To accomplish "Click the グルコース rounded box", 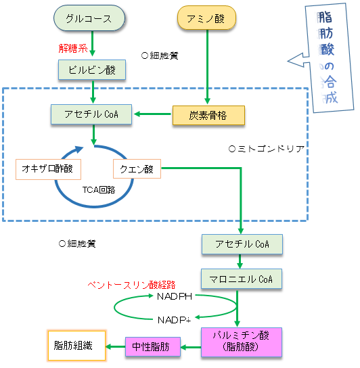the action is pos(89,18).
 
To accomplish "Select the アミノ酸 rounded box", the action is pos(206,18).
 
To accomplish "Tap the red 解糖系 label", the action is pos(73,49).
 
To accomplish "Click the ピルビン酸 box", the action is pos(92,70).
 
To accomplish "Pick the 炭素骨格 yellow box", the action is pos(208,115).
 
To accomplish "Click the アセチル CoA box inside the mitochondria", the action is pos(91,114).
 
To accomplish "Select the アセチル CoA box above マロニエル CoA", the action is pos(242,244).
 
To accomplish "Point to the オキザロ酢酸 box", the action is pos(48,169).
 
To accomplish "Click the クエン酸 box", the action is pos(137,168).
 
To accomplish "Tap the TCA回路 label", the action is pos(99,189).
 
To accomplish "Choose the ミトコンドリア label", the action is pos(267,149).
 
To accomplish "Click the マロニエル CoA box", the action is pos(242,279).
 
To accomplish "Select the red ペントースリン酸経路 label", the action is pos(131,285).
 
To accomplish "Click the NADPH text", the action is pos(175,297).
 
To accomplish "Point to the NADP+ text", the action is pos(174,320).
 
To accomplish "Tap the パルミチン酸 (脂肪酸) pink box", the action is pos(242,342).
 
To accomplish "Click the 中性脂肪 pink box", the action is pos(153,347).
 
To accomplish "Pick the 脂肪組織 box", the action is pos(76,346).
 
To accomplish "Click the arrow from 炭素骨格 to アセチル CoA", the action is pos(152,114).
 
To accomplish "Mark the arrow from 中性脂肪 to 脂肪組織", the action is pos(116,346).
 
